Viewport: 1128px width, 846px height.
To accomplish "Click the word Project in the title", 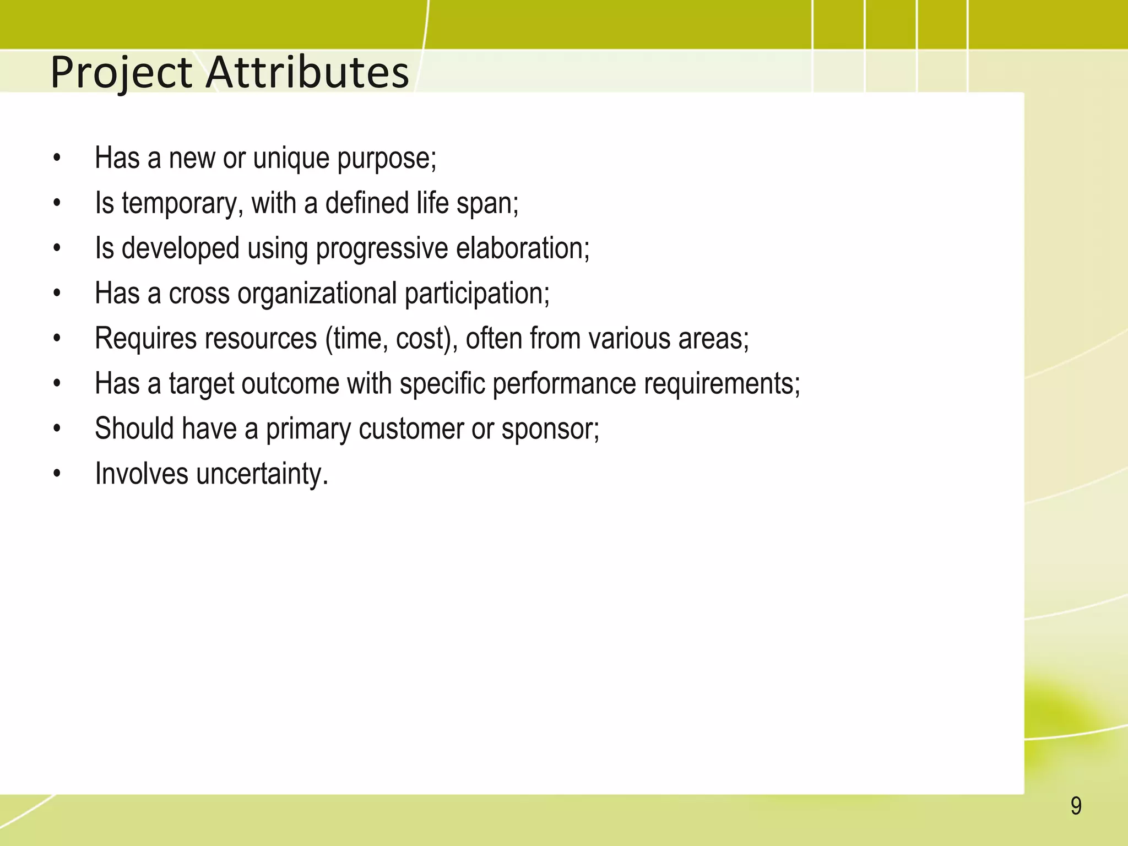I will tap(121, 73).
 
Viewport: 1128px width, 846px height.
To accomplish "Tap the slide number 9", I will tap(1076, 806).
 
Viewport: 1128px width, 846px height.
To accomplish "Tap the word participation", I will tap(477, 294).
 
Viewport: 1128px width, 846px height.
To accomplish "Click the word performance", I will tap(564, 384).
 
